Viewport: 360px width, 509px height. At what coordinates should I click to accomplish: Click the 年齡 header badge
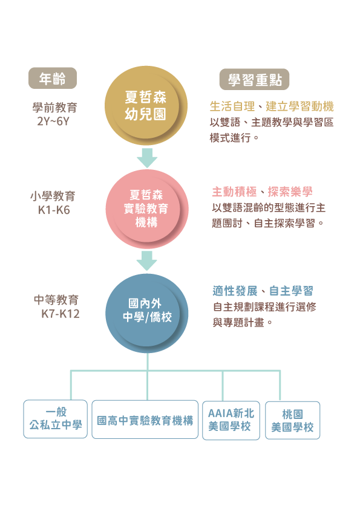click(x=53, y=78)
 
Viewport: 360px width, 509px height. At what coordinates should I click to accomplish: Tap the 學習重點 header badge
click(x=254, y=79)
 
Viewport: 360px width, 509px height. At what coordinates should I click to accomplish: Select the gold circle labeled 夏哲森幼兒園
click(x=146, y=106)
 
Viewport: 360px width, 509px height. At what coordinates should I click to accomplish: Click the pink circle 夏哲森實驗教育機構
click(x=147, y=209)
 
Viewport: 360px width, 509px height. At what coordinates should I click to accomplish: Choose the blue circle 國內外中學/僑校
click(x=147, y=313)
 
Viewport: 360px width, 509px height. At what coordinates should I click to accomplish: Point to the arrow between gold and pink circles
click(x=147, y=158)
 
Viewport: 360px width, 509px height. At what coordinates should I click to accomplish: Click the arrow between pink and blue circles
click(x=147, y=261)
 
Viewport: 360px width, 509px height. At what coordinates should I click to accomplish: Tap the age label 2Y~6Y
click(x=53, y=122)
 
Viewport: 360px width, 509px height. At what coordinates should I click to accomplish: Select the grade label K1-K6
click(x=54, y=210)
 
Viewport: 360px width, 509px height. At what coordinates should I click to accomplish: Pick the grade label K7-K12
click(x=61, y=314)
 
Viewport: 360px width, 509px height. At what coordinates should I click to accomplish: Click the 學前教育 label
click(x=54, y=108)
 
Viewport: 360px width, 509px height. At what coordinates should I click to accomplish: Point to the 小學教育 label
click(x=53, y=196)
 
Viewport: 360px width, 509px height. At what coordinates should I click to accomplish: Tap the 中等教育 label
click(x=56, y=300)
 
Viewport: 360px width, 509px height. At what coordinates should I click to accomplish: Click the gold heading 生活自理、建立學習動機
click(x=272, y=106)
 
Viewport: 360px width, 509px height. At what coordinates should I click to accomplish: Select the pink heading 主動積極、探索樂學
click(x=262, y=192)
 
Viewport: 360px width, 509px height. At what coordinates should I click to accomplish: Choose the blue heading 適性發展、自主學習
click(x=263, y=291)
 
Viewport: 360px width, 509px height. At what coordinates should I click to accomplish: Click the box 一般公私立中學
click(x=56, y=419)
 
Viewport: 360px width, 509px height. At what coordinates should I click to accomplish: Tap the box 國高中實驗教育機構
click(x=145, y=420)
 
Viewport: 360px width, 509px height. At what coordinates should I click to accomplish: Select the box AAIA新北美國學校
click(x=231, y=420)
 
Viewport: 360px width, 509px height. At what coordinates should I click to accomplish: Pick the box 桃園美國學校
click(x=293, y=420)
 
